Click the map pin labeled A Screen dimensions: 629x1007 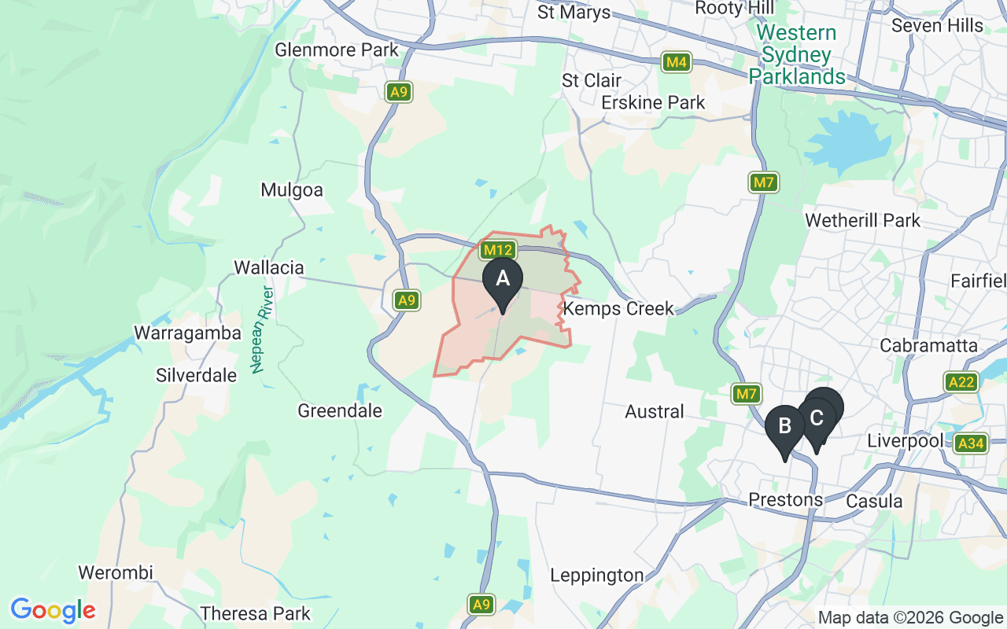point(502,279)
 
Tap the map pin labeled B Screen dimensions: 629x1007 point(784,426)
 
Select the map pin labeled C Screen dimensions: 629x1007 point(817,417)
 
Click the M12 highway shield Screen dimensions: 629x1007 point(498,251)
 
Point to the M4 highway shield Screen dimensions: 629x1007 point(676,62)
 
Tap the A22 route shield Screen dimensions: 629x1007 point(961,382)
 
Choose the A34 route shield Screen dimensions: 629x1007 point(971,444)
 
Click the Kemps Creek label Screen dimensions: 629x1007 point(618,308)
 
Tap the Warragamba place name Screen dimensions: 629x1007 point(187,333)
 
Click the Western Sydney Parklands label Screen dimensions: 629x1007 point(796,55)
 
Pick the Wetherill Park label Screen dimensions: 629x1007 point(862,220)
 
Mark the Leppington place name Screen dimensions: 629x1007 point(596,576)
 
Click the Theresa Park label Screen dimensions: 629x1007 point(256,613)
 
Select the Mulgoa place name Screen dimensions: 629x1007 point(292,190)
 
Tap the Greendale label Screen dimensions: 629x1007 point(340,410)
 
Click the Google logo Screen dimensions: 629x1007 point(53,610)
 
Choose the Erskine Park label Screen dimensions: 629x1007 point(653,103)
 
